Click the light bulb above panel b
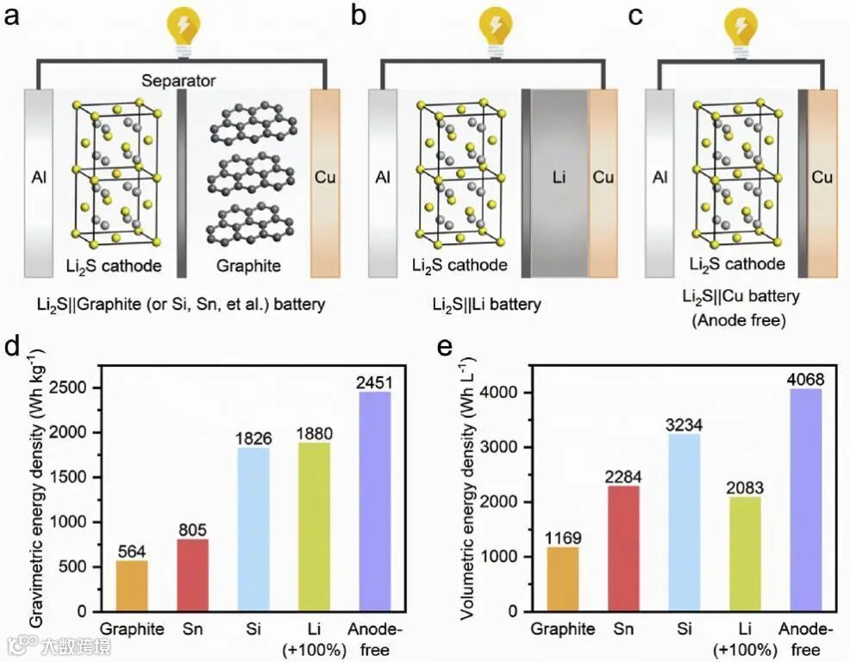[x=493, y=26]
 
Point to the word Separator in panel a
[x=179, y=81]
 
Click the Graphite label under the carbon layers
[x=247, y=266]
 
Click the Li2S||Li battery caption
[x=488, y=304]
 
